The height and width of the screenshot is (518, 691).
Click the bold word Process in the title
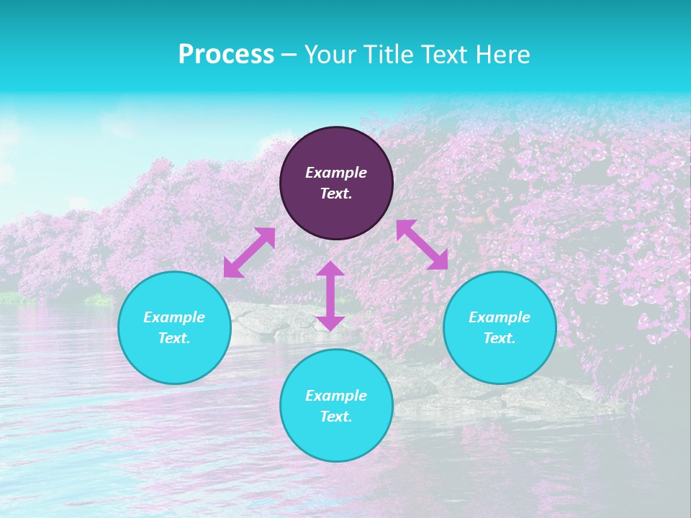[x=226, y=55]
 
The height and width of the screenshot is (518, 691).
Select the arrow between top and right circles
[x=422, y=245]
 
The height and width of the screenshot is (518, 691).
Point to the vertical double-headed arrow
[x=330, y=296]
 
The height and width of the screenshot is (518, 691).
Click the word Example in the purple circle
[x=336, y=173]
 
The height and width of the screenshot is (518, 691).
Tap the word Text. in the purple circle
[x=336, y=194]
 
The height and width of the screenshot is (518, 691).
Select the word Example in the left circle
[x=174, y=317]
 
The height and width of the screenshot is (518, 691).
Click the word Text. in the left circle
[x=174, y=338]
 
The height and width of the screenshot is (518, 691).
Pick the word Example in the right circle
[x=500, y=317]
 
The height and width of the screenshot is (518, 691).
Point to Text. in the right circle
[x=500, y=338]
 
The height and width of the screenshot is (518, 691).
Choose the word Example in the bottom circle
[x=336, y=396]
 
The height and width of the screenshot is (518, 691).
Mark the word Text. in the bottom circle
[x=336, y=417]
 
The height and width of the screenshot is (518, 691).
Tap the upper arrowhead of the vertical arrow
[x=330, y=269]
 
